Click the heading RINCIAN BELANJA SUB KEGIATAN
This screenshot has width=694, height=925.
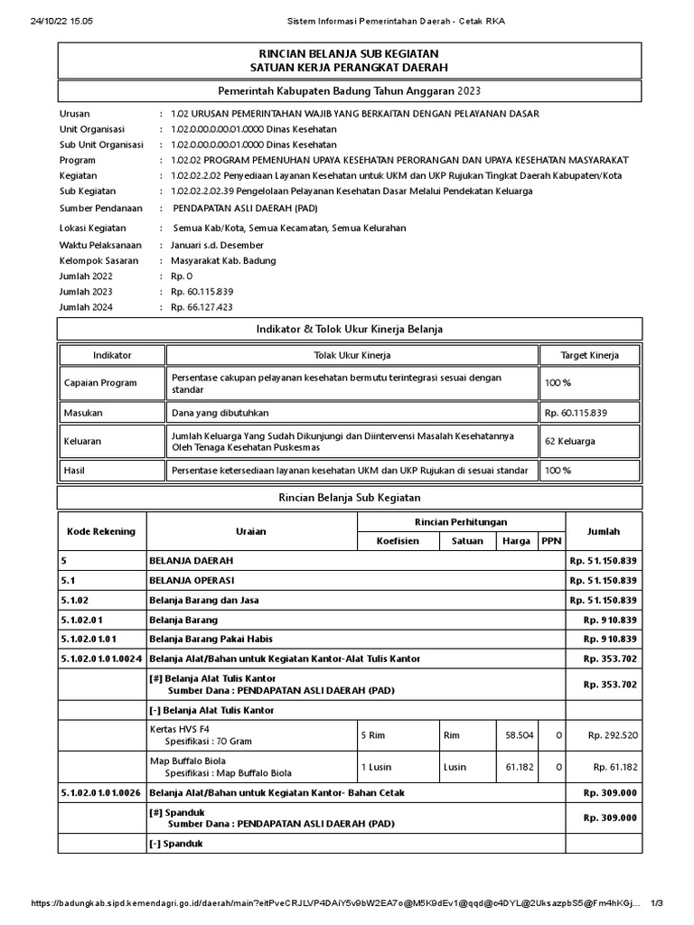point(348,54)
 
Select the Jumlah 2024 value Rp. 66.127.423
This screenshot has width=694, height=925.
point(202,307)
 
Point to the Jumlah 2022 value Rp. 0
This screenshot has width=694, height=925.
point(183,276)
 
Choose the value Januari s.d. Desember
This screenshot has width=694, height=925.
point(217,245)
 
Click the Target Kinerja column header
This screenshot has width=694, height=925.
point(589,355)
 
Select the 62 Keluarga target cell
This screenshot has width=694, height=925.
point(569,442)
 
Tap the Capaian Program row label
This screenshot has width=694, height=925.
point(100,383)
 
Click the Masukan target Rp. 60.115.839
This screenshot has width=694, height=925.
point(576,413)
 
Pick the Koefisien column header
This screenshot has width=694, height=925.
point(399,541)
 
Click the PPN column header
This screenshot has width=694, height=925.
point(549,541)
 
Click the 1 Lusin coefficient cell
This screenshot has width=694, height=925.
point(376,767)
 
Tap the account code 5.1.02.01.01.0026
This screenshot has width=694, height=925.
point(100,792)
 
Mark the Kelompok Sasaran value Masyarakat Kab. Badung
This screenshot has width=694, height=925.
point(223,261)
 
